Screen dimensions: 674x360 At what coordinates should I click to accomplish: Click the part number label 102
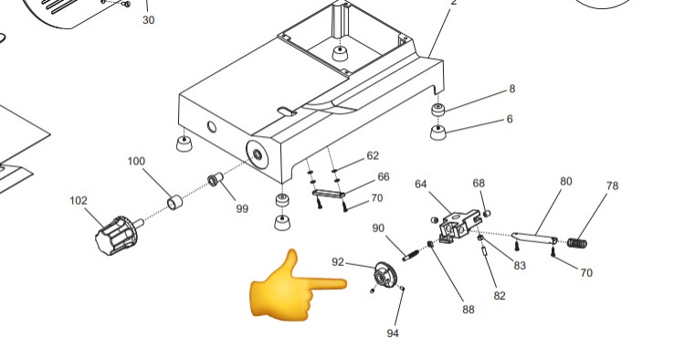click(79, 201)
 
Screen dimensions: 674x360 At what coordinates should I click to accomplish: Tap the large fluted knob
click(117, 235)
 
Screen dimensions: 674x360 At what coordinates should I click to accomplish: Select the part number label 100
click(136, 162)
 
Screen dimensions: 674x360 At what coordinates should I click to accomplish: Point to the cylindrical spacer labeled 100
click(174, 202)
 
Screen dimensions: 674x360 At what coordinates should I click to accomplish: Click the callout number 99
click(242, 208)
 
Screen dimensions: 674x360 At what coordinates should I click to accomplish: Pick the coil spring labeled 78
click(577, 243)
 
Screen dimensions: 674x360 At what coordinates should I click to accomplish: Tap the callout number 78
click(612, 185)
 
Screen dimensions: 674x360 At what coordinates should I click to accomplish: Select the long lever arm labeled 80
click(534, 238)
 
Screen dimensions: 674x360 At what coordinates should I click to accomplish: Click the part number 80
click(566, 182)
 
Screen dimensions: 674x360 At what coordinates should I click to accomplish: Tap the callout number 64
click(421, 184)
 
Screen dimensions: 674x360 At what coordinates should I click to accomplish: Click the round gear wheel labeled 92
click(384, 274)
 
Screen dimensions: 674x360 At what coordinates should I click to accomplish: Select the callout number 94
click(393, 334)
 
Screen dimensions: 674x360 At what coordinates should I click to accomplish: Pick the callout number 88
click(469, 309)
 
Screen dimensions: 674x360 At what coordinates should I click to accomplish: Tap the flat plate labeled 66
click(329, 194)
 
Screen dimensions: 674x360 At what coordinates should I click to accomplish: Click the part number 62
click(373, 155)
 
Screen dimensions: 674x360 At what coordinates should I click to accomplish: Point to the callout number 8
click(511, 89)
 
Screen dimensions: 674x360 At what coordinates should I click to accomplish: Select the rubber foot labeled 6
click(438, 132)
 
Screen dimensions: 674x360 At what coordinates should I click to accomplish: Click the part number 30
click(148, 20)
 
